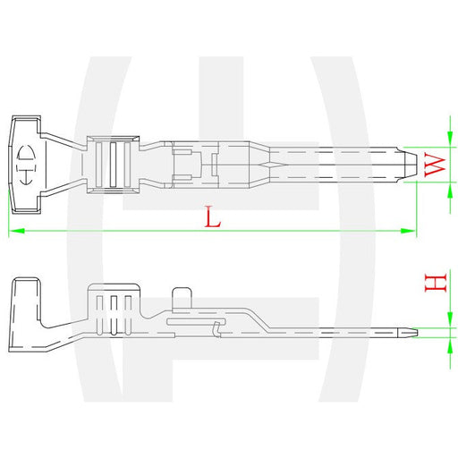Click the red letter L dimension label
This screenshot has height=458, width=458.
click(x=213, y=217)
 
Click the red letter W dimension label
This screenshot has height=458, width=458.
click(x=435, y=165)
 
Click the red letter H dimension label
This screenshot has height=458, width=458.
click(x=436, y=284)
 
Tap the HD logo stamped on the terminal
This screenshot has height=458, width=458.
click(x=27, y=165)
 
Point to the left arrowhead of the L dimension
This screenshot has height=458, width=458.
click(x=16, y=231)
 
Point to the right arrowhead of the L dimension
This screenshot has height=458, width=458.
click(x=408, y=231)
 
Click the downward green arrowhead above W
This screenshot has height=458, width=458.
click(x=450, y=139)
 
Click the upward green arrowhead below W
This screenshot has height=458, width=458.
click(x=450, y=190)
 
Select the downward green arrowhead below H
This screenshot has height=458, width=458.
click(x=450, y=320)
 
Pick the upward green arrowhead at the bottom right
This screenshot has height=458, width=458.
click(x=450, y=345)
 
